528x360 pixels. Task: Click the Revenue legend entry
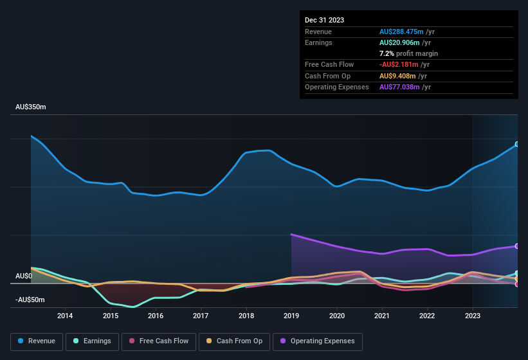37,341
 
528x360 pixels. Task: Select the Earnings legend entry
93,341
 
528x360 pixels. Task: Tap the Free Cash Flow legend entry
159,341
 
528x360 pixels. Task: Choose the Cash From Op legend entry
234,341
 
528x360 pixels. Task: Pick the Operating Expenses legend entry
318,341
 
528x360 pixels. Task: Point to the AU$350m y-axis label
31,107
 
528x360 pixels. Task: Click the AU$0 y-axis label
24,276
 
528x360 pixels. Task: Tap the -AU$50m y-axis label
30,300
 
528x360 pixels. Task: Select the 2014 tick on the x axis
65,316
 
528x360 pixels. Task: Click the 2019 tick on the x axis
291,316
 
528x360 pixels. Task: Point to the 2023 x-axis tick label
473,316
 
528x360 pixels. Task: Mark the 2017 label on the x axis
201,316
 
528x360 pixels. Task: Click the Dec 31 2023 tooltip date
324,20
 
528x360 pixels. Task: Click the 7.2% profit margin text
408,53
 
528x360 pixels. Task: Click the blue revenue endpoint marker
516,145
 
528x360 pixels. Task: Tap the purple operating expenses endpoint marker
516,246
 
